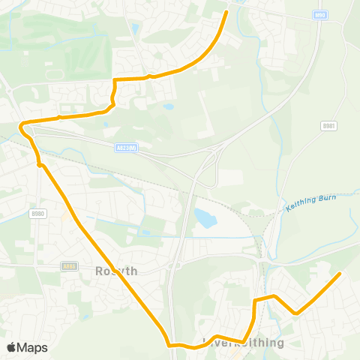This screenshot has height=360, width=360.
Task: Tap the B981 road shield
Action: (328, 126)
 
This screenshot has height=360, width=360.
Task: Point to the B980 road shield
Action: (38, 214)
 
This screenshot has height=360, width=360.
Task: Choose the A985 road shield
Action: (70, 265)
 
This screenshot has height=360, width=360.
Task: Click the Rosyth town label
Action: (117, 271)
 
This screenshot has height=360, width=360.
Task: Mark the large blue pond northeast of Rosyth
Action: (204, 217)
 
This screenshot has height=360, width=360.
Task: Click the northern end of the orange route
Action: (226, 12)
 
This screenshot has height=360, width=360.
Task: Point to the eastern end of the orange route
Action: (339, 274)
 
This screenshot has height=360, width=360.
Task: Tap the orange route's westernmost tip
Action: (22, 124)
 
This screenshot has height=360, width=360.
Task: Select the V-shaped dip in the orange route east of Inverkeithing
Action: (295, 313)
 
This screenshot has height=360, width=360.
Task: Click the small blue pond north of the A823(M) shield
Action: (169, 106)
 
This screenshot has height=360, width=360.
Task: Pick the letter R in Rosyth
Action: (100, 271)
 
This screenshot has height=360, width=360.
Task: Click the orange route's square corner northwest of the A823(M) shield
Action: (114, 79)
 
